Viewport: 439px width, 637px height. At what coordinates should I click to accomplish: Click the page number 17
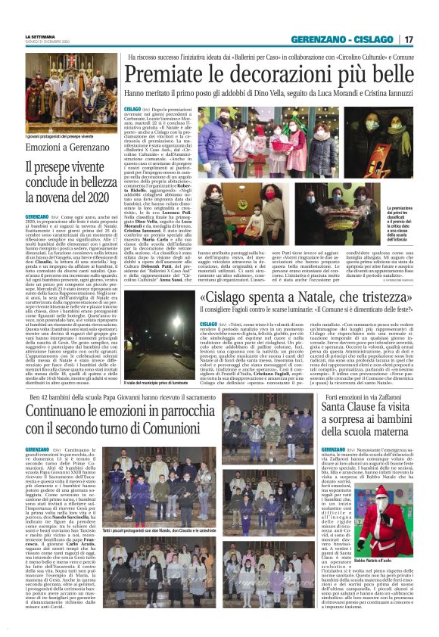pos(428,39)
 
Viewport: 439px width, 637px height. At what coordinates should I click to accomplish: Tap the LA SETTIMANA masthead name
pos(40,36)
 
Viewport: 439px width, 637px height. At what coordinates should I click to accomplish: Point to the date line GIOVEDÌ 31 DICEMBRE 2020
pos(48,42)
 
